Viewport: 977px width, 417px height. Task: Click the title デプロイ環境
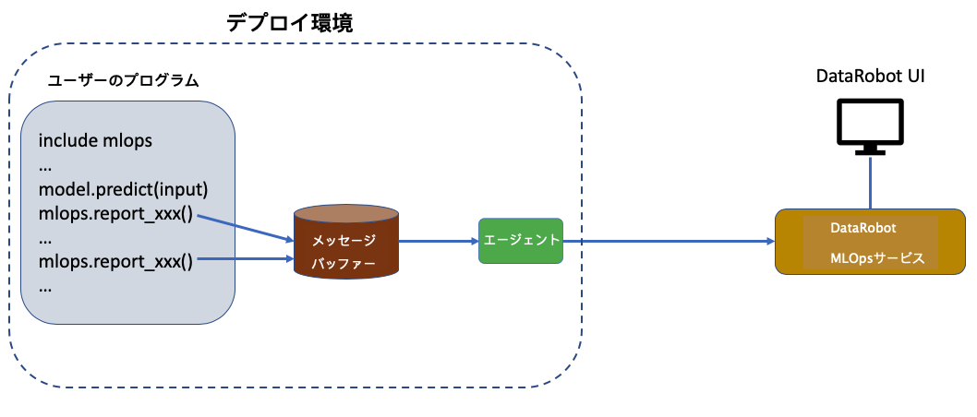pos(290,24)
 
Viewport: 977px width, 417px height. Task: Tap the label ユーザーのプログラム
pos(124,80)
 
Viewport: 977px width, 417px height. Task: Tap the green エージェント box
pos(521,240)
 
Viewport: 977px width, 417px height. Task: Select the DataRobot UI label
pos(871,77)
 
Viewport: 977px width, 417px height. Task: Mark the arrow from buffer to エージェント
pos(437,242)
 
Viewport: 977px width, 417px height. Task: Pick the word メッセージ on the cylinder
pos(343,240)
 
